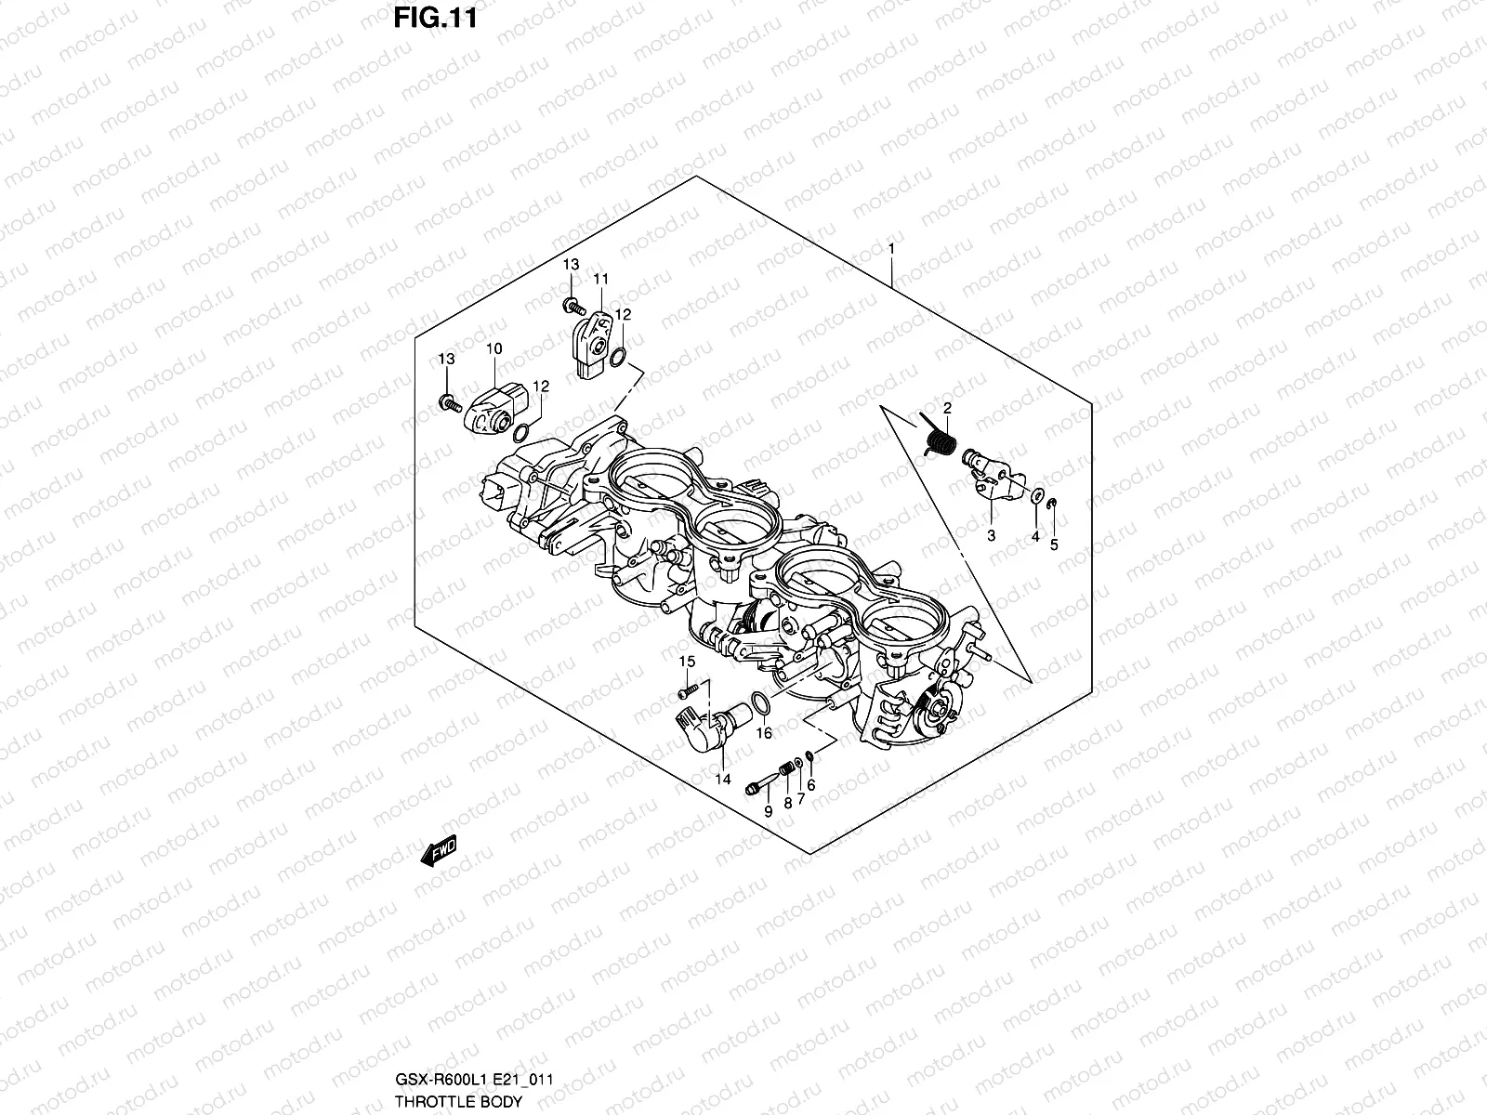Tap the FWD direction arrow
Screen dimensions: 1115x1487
click(x=441, y=849)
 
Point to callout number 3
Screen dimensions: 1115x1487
click(x=992, y=536)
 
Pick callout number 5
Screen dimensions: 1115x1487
click(x=1054, y=545)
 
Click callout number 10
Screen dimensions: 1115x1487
click(x=493, y=348)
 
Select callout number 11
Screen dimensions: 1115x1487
click(x=600, y=279)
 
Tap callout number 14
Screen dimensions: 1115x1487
click(x=724, y=779)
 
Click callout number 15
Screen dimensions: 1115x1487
click(x=687, y=661)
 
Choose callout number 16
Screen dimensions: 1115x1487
click(x=764, y=733)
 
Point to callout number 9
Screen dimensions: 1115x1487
click(x=768, y=811)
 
